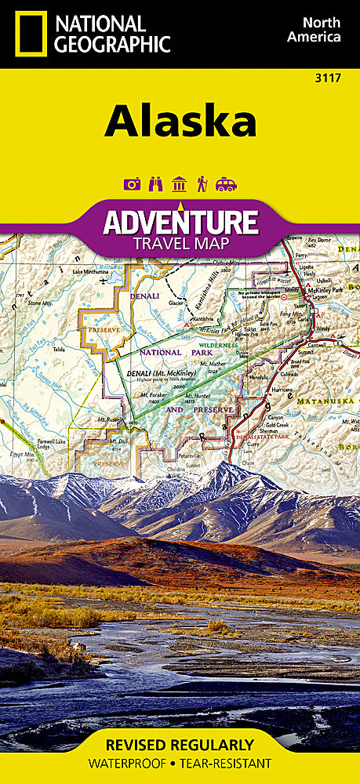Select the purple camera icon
pyautogui.click(x=132, y=184)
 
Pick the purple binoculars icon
pyautogui.click(x=155, y=184)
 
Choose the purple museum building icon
pyautogui.click(x=179, y=184)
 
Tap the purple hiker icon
pyautogui.click(x=202, y=184)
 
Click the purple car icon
pyautogui.click(x=226, y=184)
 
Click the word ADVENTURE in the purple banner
pyautogui.click(x=180, y=222)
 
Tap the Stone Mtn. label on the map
pyautogui.click(x=39, y=303)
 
